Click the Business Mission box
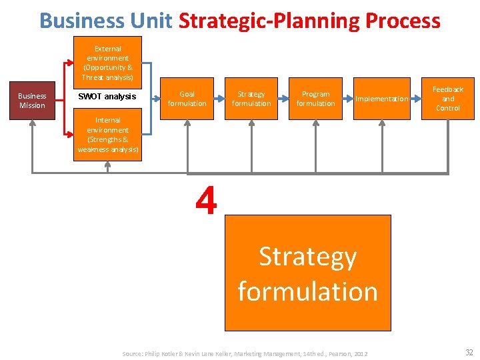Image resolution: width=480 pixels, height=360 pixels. (x=32, y=101)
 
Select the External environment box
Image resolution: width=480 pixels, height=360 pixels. (x=107, y=63)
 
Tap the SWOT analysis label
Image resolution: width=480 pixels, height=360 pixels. (x=107, y=97)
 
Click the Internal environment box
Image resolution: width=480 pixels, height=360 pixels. (x=107, y=135)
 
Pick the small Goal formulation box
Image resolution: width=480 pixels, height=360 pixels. (x=187, y=99)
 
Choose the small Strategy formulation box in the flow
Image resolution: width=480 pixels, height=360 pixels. (x=251, y=99)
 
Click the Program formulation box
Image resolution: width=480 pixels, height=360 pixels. (x=315, y=99)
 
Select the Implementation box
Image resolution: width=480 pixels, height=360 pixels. (x=381, y=99)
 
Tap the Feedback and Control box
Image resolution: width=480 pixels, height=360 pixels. (x=448, y=99)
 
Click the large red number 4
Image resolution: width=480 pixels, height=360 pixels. (x=207, y=201)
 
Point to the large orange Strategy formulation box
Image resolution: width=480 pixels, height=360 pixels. (x=307, y=273)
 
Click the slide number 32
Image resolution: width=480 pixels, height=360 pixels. (x=469, y=353)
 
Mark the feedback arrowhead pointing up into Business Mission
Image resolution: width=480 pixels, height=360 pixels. (x=32, y=125)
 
